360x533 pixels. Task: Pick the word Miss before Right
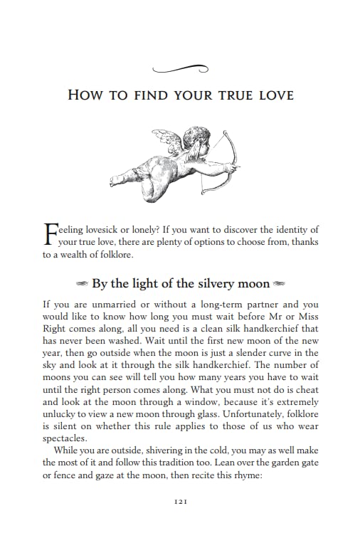tap(304, 317)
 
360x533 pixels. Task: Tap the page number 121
tap(180, 502)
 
